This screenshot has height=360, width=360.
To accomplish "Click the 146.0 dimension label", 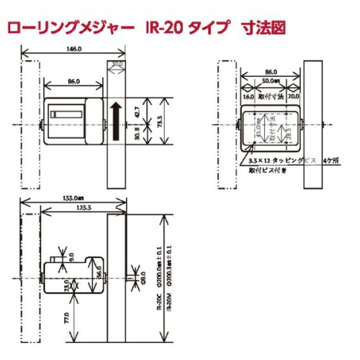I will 74,49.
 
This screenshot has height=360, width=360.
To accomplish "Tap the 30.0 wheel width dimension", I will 117,64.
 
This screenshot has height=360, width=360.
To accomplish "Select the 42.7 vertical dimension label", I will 137,111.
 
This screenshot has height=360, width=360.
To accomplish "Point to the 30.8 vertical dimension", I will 137,135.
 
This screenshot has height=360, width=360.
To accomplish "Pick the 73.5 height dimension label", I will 166,122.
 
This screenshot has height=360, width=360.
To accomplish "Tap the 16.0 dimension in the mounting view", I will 248,96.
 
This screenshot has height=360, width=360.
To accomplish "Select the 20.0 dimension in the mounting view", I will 294,96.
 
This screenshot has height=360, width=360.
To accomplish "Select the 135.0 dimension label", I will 74,197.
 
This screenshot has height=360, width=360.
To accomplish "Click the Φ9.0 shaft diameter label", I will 143,277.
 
